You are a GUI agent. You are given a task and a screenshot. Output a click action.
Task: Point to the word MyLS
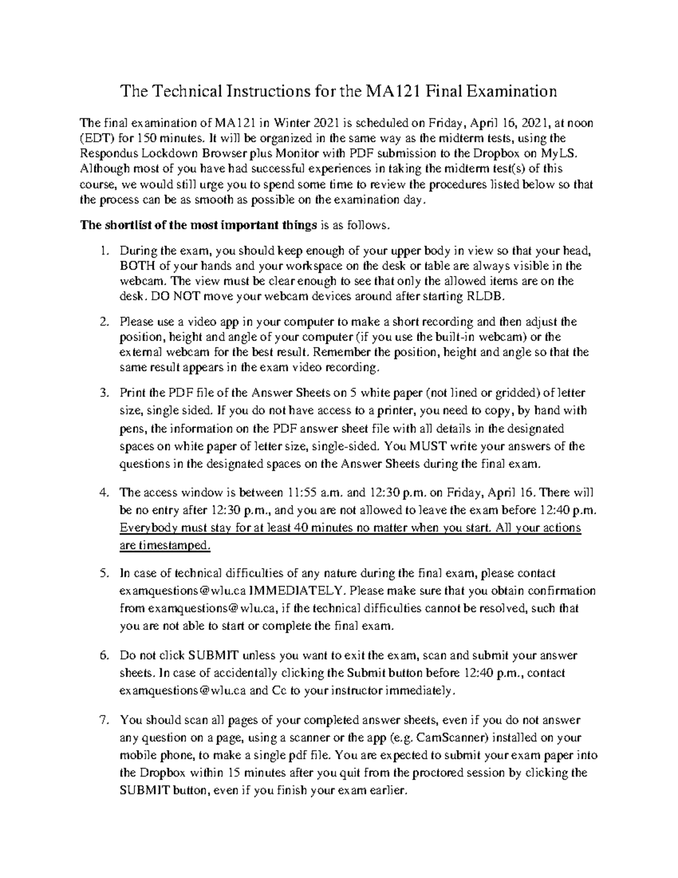(565, 153)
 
